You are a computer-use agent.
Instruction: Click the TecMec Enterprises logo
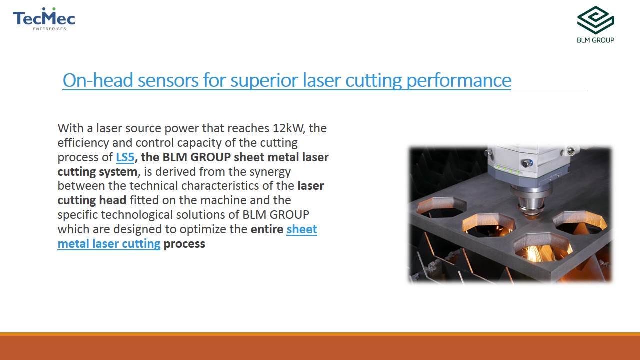[x=44, y=19]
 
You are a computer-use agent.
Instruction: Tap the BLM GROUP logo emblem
[x=595, y=20]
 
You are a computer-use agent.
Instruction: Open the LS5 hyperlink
[x=125, y=157]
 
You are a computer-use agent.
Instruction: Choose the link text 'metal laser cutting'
[x=109, y=244]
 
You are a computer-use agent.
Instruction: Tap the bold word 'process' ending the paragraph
[x=184, y=244]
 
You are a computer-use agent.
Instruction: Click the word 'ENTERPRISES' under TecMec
[x=49, y=29]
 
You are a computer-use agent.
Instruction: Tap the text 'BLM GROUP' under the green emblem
[x=595, y=40]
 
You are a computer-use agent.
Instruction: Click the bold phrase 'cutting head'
[x=92, y=201]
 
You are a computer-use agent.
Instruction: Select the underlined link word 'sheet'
[x=302, y=229]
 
